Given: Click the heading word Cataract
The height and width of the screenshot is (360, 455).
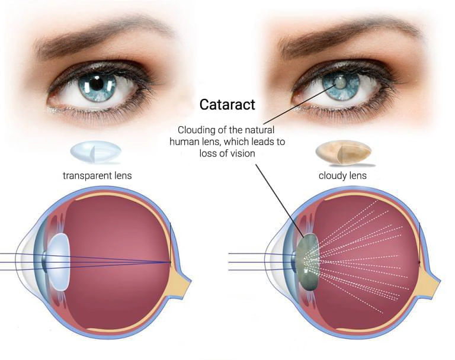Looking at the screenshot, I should (x=227, y=105).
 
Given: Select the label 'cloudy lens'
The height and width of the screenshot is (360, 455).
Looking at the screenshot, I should (x=342, y=175).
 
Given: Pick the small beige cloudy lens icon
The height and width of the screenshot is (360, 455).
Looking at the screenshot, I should (x=342, y=152).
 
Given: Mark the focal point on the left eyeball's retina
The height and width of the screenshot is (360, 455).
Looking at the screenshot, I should (x=171, y=261).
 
